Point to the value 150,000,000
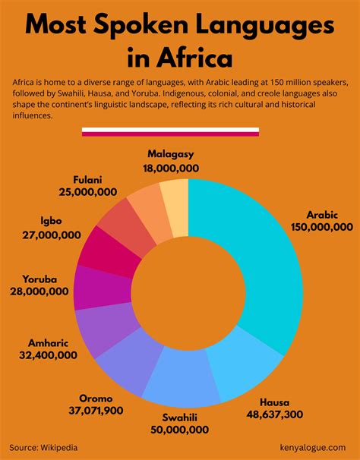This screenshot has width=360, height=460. click(x=321, y=226)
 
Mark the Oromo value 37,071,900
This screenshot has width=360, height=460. click(x=96, y=411)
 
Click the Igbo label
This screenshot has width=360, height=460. click(x=34, y=222)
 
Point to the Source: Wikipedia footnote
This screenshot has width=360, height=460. click(x=43, y=448)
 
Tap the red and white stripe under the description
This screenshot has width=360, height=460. click(x=170, y=132)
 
